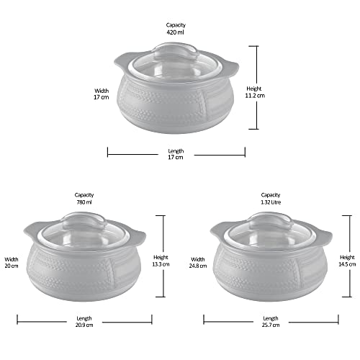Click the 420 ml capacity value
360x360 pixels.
click(x=176, y=32)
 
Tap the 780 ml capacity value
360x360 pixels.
click(x=84, y=202)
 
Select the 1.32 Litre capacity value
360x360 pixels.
click(x=271, y=202)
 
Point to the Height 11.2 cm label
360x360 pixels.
click(x=255, y=92)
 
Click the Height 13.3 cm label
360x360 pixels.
click(x=161, y=261)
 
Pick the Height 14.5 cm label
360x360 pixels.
click(x=347, y=261)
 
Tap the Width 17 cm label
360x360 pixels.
click(x=102, y=94)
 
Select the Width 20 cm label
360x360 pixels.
click(x=12, y=263)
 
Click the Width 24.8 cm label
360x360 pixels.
click(x=198, y=263)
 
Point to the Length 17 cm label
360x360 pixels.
click(x=176, y=154)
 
